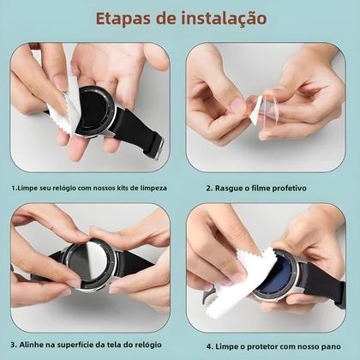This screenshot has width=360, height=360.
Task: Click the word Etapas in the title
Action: click(123, 18)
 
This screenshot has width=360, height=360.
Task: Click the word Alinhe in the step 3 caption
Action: click(34, 345)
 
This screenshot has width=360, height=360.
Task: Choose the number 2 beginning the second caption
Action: click(208, 187)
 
